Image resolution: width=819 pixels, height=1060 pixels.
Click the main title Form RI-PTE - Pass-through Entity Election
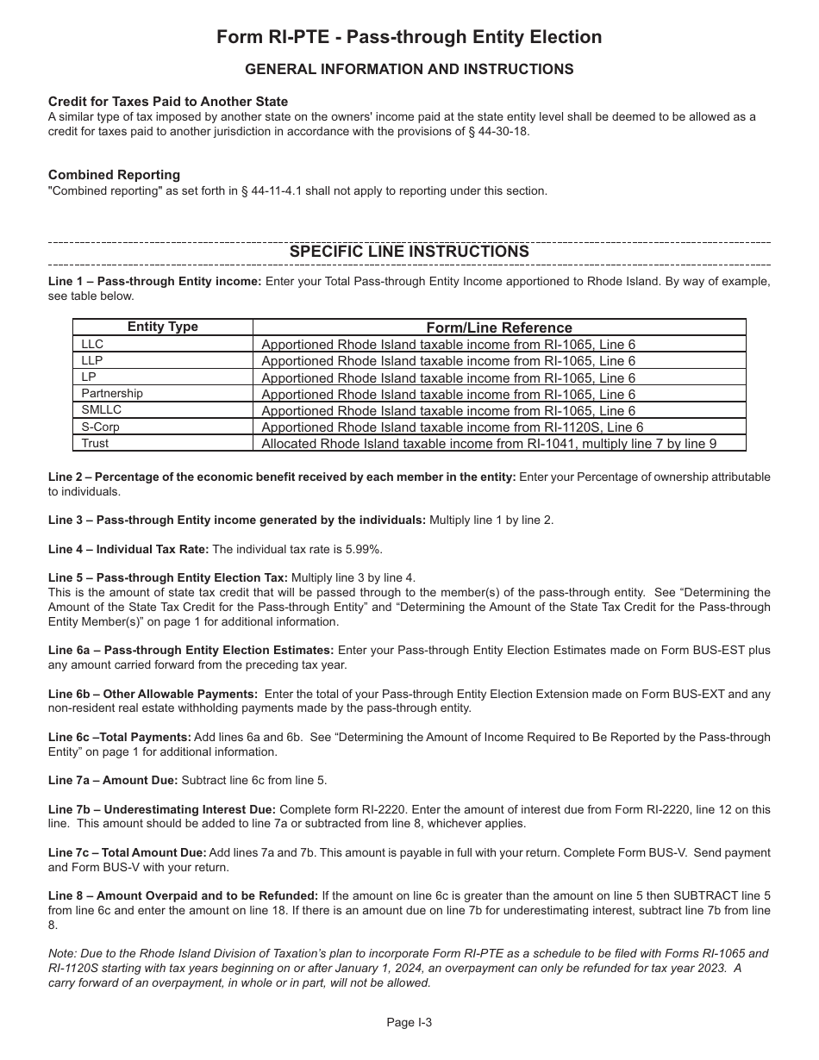(409, 37)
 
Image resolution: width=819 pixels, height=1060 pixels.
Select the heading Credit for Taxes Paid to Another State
(168, 102)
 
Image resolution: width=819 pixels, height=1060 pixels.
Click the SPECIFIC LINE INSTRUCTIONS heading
(409, 252)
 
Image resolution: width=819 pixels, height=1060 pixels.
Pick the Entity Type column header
(163, 327)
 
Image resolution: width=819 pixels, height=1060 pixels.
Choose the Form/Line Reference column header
(499, 327)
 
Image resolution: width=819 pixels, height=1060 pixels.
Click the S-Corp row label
(100, 427)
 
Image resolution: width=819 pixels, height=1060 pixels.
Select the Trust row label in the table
(95, 443)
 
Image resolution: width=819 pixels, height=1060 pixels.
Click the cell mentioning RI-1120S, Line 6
(452, 427)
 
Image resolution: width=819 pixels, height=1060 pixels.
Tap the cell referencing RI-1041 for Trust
(489, 444)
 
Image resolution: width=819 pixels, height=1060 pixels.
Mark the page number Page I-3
(409, 1023)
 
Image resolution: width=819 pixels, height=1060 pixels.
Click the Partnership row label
(112, 394)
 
